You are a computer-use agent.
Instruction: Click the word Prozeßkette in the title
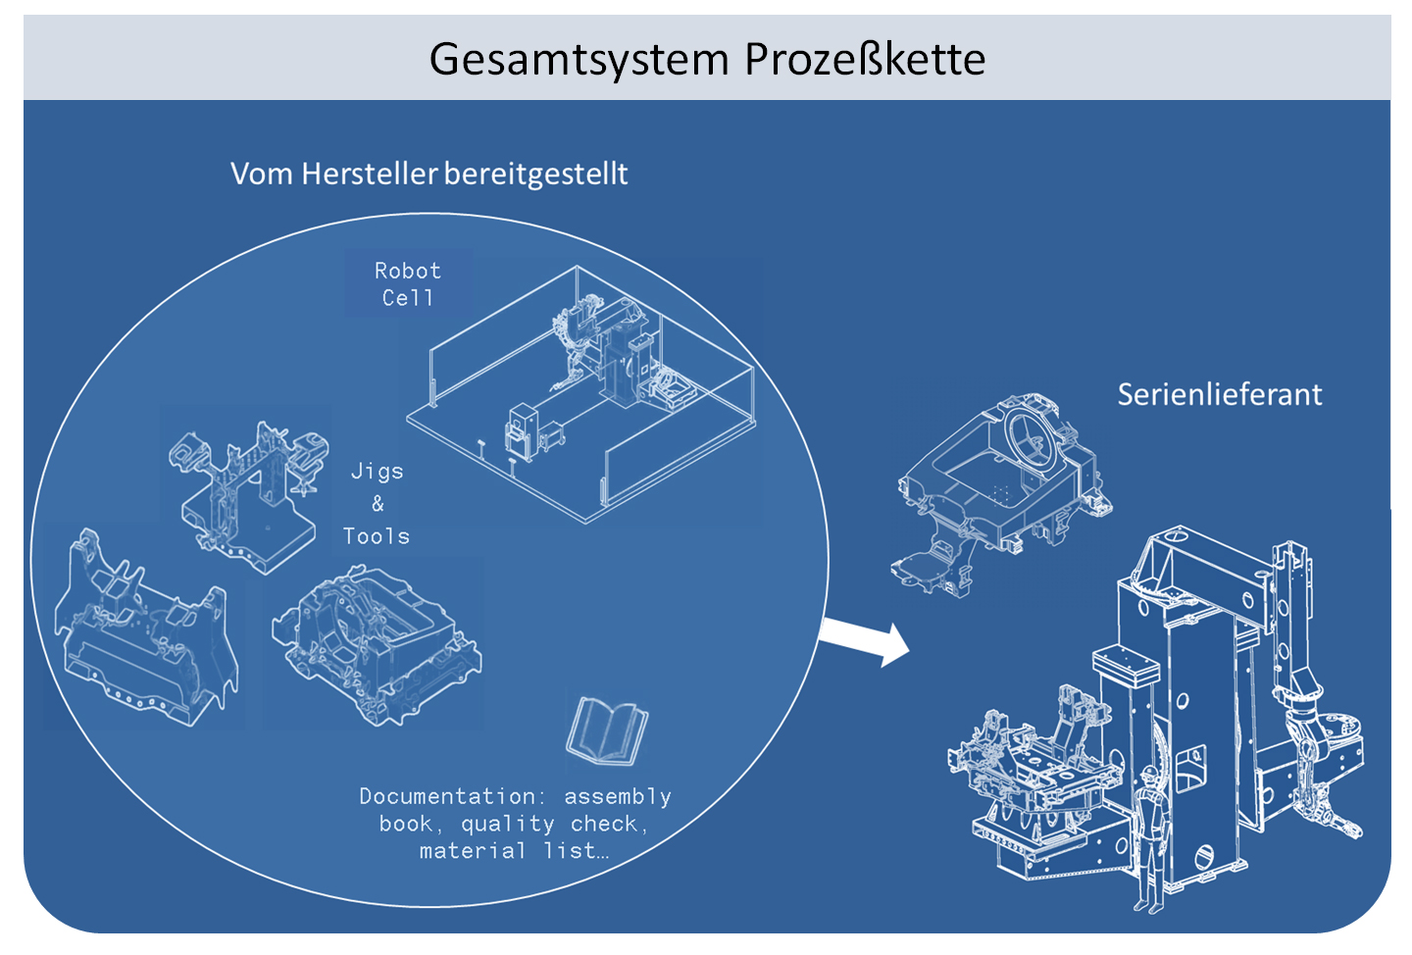[865, 59]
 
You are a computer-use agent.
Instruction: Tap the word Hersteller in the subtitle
[370, 174]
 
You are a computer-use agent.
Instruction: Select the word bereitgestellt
[535, 174]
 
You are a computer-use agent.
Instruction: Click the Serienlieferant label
[1219, 394]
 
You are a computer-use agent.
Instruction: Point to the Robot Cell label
[407, 283]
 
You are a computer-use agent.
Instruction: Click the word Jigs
[378, 472]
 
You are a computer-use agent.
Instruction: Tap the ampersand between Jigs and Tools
[378, 504]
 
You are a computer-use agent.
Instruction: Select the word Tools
[377, 536]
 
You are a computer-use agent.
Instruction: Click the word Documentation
[447, 796]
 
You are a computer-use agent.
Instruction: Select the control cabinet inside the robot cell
[521, 431]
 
